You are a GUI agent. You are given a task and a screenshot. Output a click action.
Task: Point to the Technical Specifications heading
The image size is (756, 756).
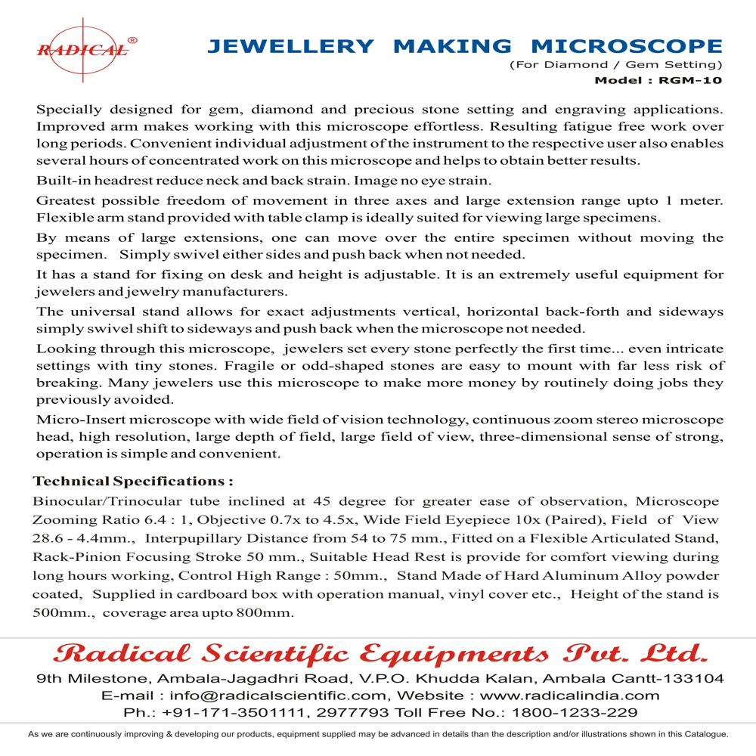[132, 481]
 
